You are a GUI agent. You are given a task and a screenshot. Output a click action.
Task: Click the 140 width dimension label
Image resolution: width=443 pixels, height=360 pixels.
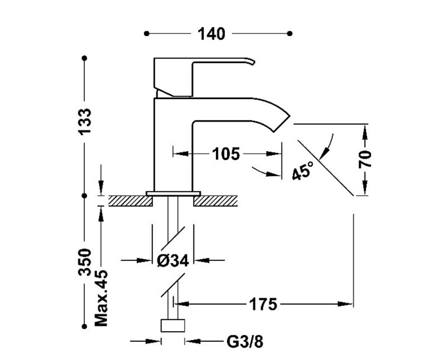pos(212,34)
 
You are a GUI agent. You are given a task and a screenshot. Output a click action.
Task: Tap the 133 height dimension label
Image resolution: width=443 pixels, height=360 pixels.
pos(85,121)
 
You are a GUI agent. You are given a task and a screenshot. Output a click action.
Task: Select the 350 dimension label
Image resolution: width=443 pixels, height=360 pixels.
pos(85,262)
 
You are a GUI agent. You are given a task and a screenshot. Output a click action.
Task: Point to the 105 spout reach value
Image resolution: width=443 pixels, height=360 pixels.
pos(226,154)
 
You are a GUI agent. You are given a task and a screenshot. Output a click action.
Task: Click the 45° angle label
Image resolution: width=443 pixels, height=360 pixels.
pos(302,171)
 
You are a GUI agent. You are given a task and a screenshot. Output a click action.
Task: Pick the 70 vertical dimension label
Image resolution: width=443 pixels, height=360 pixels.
pos(365,160)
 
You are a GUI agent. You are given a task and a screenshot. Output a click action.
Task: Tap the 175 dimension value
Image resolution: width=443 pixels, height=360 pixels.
pos(262,304)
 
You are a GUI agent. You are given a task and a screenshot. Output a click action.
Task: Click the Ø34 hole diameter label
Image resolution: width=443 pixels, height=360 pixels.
pos(173,260)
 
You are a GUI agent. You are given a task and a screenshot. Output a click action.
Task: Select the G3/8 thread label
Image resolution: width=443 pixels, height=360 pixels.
pos(245,342)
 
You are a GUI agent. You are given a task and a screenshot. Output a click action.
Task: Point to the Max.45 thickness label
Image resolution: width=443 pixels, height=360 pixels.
pos(101,298)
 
